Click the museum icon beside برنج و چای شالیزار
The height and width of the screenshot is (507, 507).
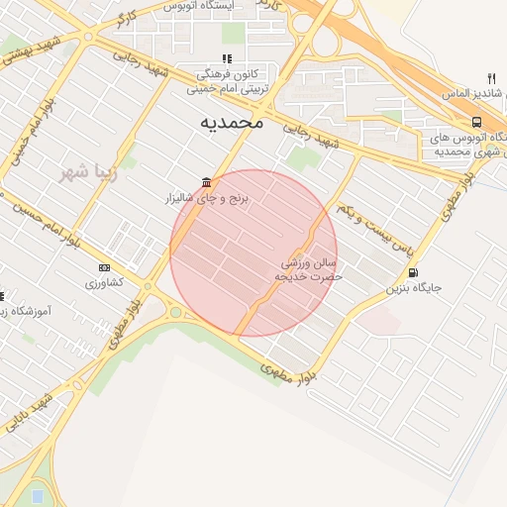click(205, 182)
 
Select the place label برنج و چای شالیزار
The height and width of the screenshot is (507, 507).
click(209, 199)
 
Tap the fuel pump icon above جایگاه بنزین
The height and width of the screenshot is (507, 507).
click(412, 272)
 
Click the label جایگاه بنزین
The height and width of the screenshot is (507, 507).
click(413, 289)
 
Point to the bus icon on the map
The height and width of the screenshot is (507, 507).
click(476, 122)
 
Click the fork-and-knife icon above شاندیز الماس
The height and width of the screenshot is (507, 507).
click(491, 78)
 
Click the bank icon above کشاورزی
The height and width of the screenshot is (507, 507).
click(104, 267)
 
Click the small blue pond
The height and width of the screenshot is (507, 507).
click(37, 495)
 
